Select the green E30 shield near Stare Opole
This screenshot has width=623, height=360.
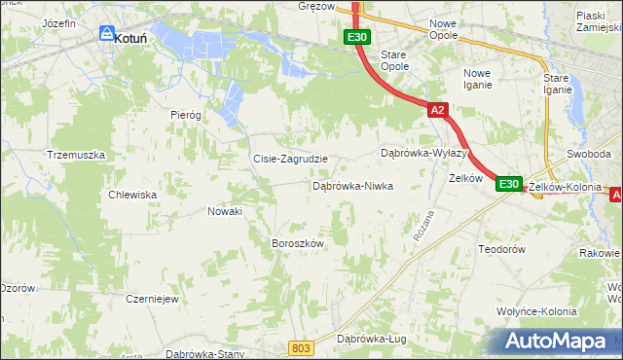coord(356,37)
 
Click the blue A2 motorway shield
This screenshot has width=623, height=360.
coord(437,110)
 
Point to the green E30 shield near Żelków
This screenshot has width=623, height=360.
coord(509,184)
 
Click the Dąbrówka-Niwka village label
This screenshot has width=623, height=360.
coord(351,185)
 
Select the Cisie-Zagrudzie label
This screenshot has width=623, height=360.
coord(290,159)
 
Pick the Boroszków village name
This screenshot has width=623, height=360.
coord(296,243)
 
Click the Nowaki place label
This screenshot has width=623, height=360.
coord(225,210)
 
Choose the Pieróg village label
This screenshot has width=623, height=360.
coord(185,114)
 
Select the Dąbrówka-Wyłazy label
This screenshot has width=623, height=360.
coord(424,154)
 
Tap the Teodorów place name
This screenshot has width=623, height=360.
coord(502,249)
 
